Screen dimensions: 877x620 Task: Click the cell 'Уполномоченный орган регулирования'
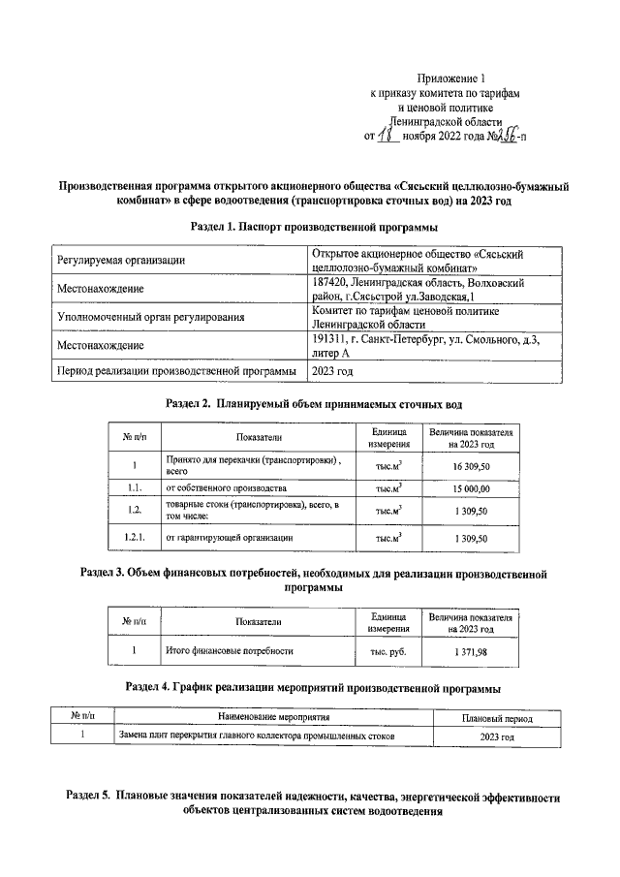[150, 316]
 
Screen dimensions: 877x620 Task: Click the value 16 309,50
[473, 466]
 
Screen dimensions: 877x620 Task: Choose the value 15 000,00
[473, 488]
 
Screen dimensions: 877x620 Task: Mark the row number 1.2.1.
[134, 536]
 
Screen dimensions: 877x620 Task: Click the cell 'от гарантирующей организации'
[230, 536]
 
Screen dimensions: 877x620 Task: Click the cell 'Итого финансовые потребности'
[230, 651]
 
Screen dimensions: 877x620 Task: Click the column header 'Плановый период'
[497, 718]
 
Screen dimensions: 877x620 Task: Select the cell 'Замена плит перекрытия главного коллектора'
[257, 736]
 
